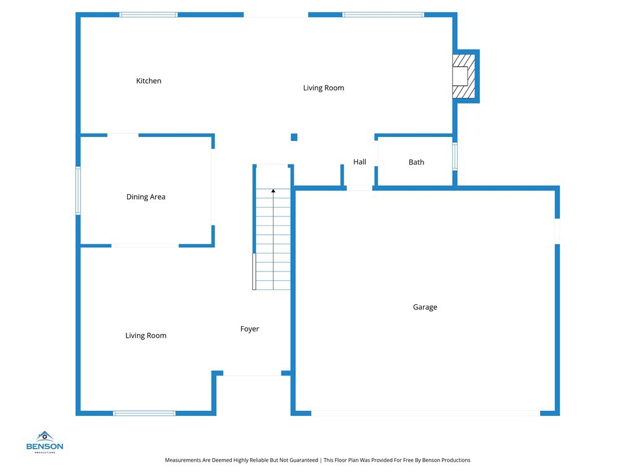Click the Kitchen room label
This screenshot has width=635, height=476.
(x=149, y=81)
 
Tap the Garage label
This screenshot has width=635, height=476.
(x=425, y=307)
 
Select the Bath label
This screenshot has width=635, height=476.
(x=416, y=162)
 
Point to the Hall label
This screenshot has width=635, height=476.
(x=360, y=162)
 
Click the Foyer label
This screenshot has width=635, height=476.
(x=249, y=329)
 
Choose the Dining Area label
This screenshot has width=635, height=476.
(x=146, y=197)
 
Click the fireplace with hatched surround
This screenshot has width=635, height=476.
(x=464, y=76)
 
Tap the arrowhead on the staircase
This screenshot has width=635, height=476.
(x=273, y=191)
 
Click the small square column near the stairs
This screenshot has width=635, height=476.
(x=294, y=137)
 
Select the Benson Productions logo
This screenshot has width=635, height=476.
(x=45, y=442)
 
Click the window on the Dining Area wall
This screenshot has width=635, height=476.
(x=78, y=190)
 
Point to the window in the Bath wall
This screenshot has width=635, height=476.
(x=455, y=157)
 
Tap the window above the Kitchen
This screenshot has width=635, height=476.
(x=149, y=15)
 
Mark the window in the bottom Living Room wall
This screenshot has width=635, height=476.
(x=144, y=413)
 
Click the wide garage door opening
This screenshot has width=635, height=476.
(x=425, y=413)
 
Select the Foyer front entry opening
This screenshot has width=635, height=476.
(x=252, y=374)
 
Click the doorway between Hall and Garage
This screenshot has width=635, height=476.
(x=360, y=188)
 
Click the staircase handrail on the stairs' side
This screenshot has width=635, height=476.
(x=254, y=271)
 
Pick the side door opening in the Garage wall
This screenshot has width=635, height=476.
(x=557, y=231)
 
